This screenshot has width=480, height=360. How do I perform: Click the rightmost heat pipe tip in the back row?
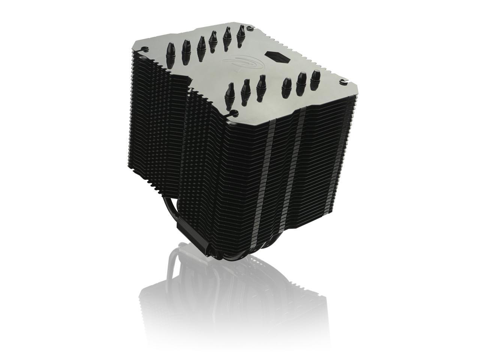click(x=241, y=33)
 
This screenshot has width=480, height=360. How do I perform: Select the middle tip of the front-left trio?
click(x=245, y=88)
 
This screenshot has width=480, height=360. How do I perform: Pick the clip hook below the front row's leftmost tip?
click(x=232, y=112)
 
